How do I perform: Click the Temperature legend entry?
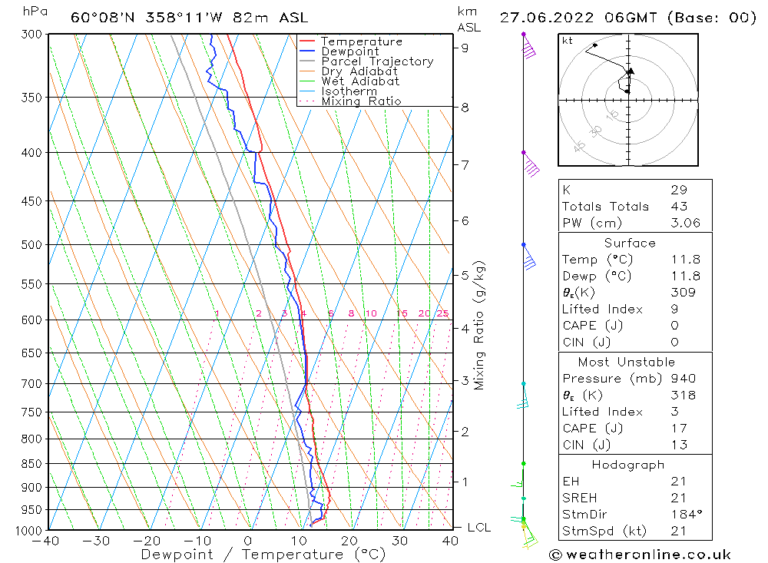pyautogui.click(x=361, y=42)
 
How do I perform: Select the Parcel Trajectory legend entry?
pyautogui.click(x=377, y=61)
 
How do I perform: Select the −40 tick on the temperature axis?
pyautogui.click(x=46, y=541)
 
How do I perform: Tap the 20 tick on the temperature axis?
pyautogui.click(x=349, y=541)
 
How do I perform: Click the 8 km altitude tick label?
pyautogui.click(x=465, y=108)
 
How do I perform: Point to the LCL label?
pyautogui.click(x=478, y=528)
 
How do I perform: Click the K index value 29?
pyautogui.click(x=678, y=190)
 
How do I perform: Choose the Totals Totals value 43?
pyautogui.click(x=678, y=206)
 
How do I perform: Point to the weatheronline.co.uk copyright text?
pyautogui.click(x=639, y=555)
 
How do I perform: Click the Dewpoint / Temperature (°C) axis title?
pyautogui.click(x=263, y=554)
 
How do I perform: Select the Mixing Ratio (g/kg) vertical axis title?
pyautogui.click(x=480, y=325)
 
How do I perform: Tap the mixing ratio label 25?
pyautogui.click(x=442, y=313)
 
